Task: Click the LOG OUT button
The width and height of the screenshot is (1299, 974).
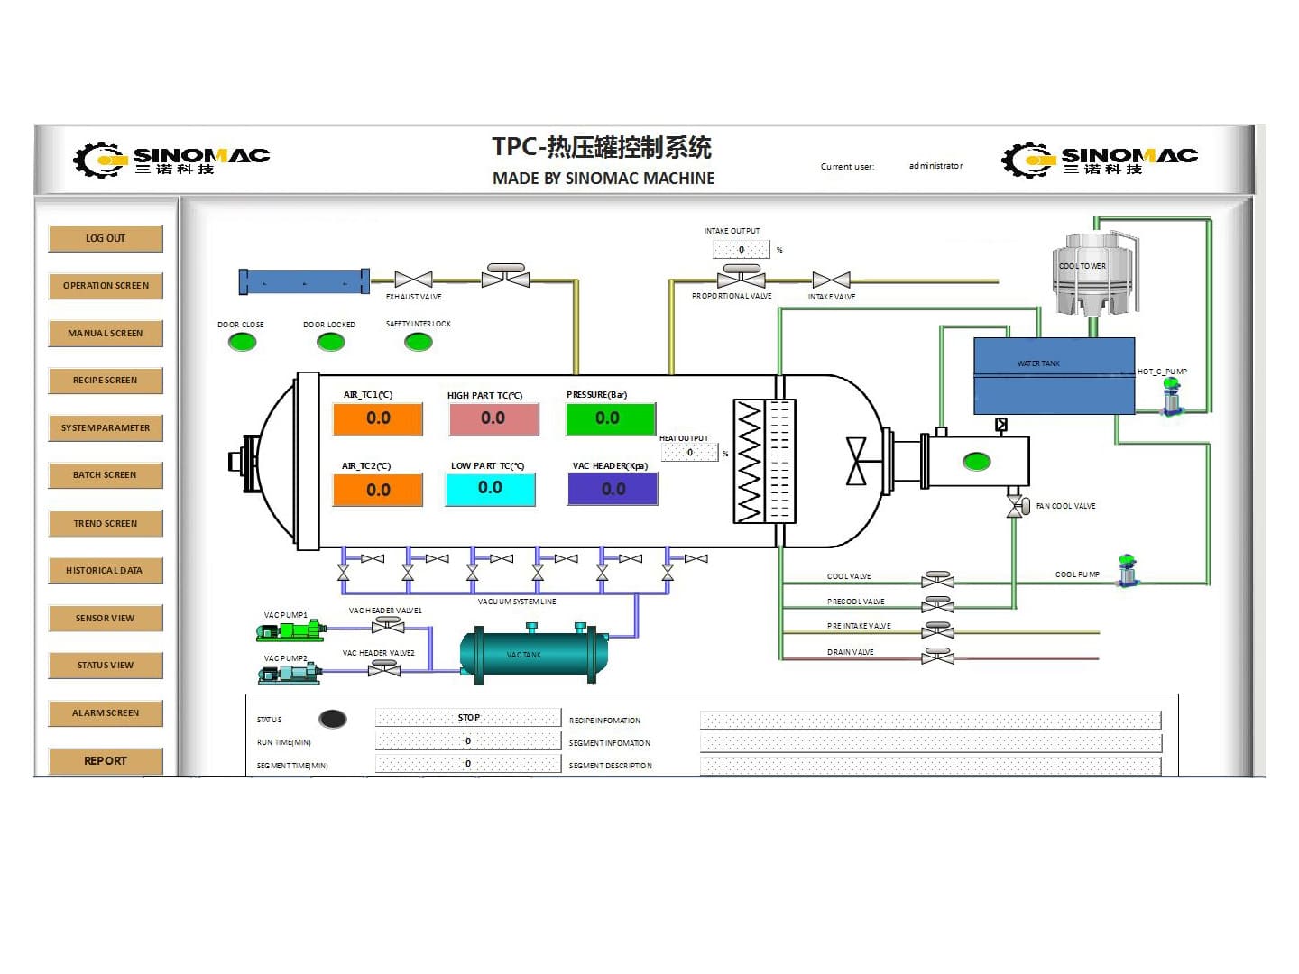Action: (x=106, y=239)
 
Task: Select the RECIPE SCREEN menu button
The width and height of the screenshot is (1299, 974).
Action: (x=106, y=381)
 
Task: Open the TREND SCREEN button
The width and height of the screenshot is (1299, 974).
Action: (x=106, y=524)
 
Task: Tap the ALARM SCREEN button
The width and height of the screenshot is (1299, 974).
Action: (x=106, y=713)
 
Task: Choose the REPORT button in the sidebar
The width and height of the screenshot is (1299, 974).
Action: (x=106, y=761)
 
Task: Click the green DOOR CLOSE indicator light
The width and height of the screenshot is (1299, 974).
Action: (x=242, y=342)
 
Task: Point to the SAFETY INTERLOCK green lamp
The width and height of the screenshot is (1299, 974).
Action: (x=418, y=342)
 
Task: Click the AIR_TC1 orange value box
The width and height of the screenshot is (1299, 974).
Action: (x=378, y=419)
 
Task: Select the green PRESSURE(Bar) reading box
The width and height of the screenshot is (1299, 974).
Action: (x=610, y=419)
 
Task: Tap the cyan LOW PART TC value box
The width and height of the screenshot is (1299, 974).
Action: (x=490, y=489)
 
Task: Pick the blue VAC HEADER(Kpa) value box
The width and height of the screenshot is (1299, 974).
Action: (x=613, y=489)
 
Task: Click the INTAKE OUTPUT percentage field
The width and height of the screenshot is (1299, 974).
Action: (x=741, y=250)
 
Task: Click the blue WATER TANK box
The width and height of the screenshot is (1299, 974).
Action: (x=1054, y=376)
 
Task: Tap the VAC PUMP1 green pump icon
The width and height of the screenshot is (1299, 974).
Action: (x=289, y=630)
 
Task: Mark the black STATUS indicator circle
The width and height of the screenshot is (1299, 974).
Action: (x=333, y=719)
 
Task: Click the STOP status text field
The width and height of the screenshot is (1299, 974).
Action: (x=468, y=718)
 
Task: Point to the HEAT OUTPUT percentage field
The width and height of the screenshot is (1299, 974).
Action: (x=689, y=453)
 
